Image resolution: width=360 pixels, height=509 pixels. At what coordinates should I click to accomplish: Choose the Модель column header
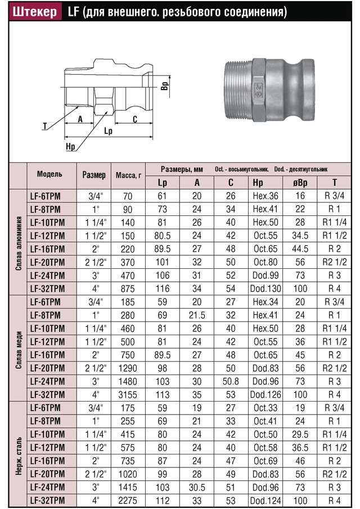point(49,174)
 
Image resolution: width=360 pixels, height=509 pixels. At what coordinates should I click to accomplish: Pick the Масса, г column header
point(128,175)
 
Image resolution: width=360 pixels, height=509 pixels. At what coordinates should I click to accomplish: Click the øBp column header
point(300,182)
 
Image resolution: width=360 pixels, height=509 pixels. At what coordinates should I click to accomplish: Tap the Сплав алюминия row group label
point(19,241)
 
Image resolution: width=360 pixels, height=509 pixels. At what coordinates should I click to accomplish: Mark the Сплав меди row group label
point(19,349)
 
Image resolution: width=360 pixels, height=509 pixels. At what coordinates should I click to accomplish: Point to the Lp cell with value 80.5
point(163,235)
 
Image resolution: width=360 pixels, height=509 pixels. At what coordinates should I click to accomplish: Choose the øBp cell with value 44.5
point(300,249)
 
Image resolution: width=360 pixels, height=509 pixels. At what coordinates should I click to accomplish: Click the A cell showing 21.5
point(197,315)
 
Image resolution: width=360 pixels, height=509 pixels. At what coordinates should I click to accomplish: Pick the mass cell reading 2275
point(127,500)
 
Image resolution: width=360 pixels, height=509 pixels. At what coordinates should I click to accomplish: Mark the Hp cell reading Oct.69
point(265,461)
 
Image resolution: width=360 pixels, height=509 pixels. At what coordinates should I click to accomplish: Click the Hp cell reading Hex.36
point(265,196)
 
